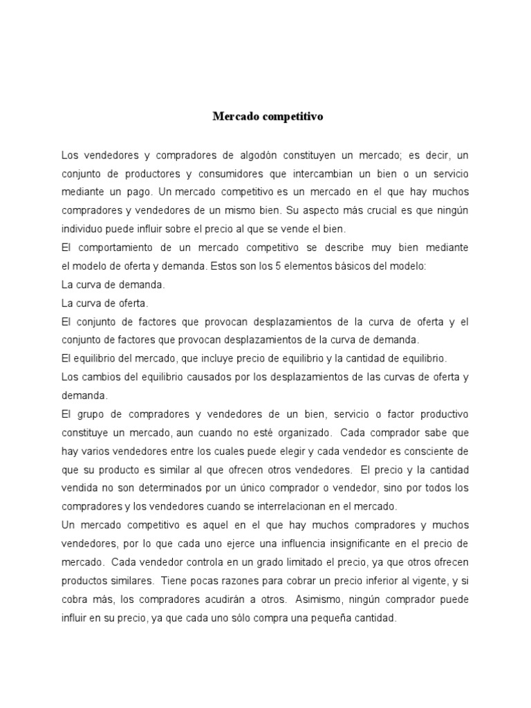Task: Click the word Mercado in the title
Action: pyautogui.click(x=235, y=117)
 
